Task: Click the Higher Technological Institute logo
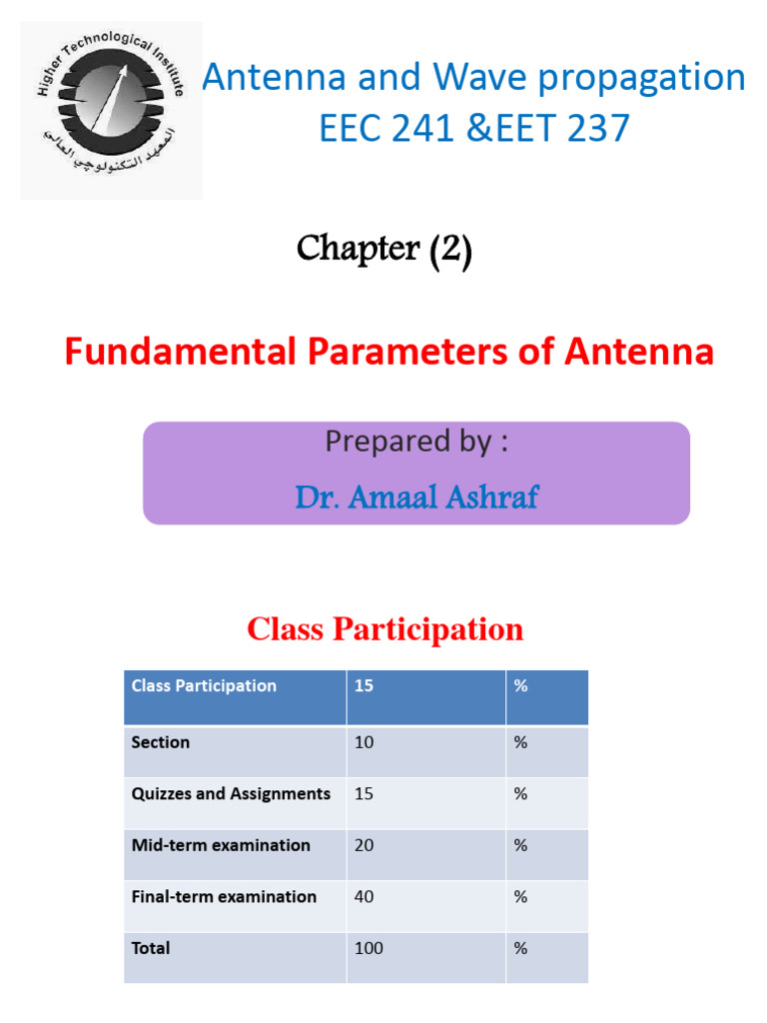pyautogui.click(x=111, y=110)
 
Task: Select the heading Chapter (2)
pyautogui.click(x=383, y=250)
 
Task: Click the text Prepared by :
pyautogui.click(x=416, y=442)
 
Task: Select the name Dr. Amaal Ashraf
pyautogui.click(x=416, y=497)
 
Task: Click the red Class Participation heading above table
pyautogui.click(x=384, y=629)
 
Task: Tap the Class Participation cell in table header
pyautogui.click(x=204, y=686)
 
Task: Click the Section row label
pyautogui.click(x=160, y=742)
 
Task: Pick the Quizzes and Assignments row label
pyautogui.click(x=231, y=794)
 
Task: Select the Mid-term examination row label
pyautogui.click(x=221, y=845)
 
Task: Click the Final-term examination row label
pyautogui.click(x=224, y=897)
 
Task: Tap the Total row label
pyautogui.click(x=151, y=948)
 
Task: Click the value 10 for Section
pyautogui.click(x=364, y=742)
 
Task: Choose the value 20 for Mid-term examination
pyautogui.click(x=365, y=845)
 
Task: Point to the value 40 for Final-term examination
pyautogui.click(x=365, y=897)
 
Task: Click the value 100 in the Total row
pyautogui.click(x=369, y=948)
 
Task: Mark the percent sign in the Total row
pyautogui.click(x=520, y=948)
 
